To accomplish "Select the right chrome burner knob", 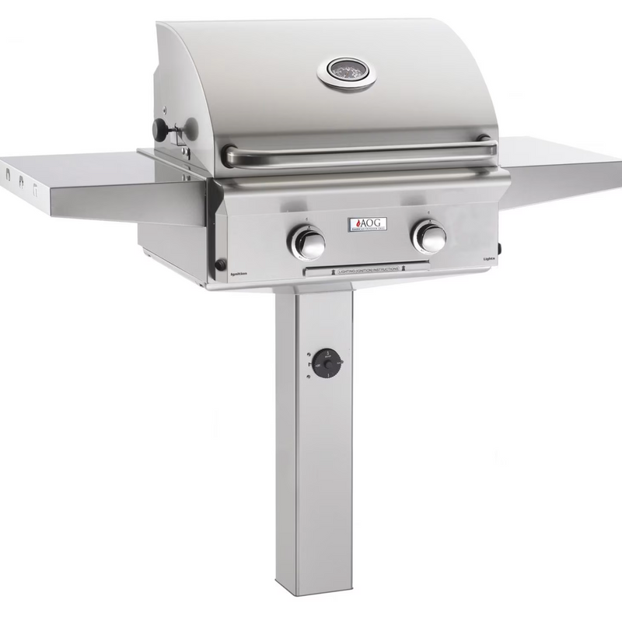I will [428, 236].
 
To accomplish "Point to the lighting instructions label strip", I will [365, 268].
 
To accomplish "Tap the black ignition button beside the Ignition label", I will [220, 265].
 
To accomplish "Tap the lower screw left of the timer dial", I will [310, 377].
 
